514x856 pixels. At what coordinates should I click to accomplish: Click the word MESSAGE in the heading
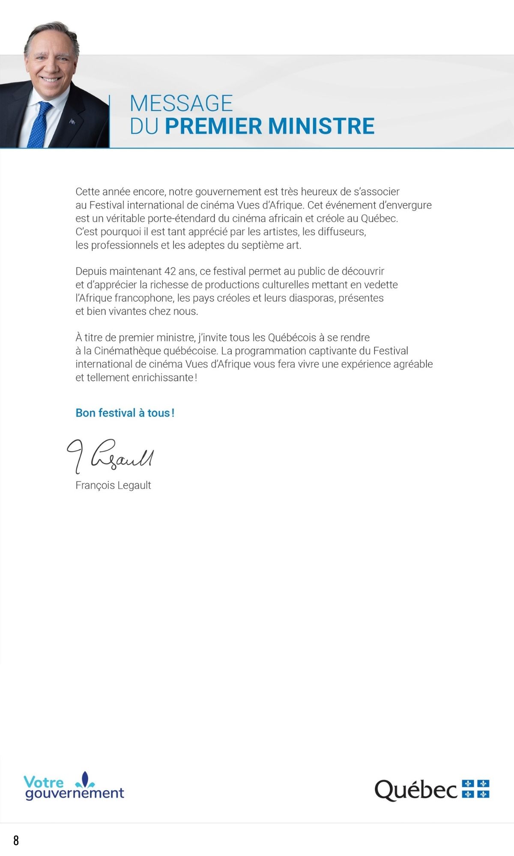181,104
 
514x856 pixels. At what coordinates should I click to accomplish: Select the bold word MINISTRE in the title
321,126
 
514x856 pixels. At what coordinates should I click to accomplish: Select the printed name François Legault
113,485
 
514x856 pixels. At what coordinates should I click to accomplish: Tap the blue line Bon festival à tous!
125,413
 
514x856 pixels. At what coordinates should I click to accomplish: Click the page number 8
16,841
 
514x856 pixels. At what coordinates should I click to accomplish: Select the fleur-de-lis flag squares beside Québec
475,789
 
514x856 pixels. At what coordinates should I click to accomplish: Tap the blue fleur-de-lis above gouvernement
85,780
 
